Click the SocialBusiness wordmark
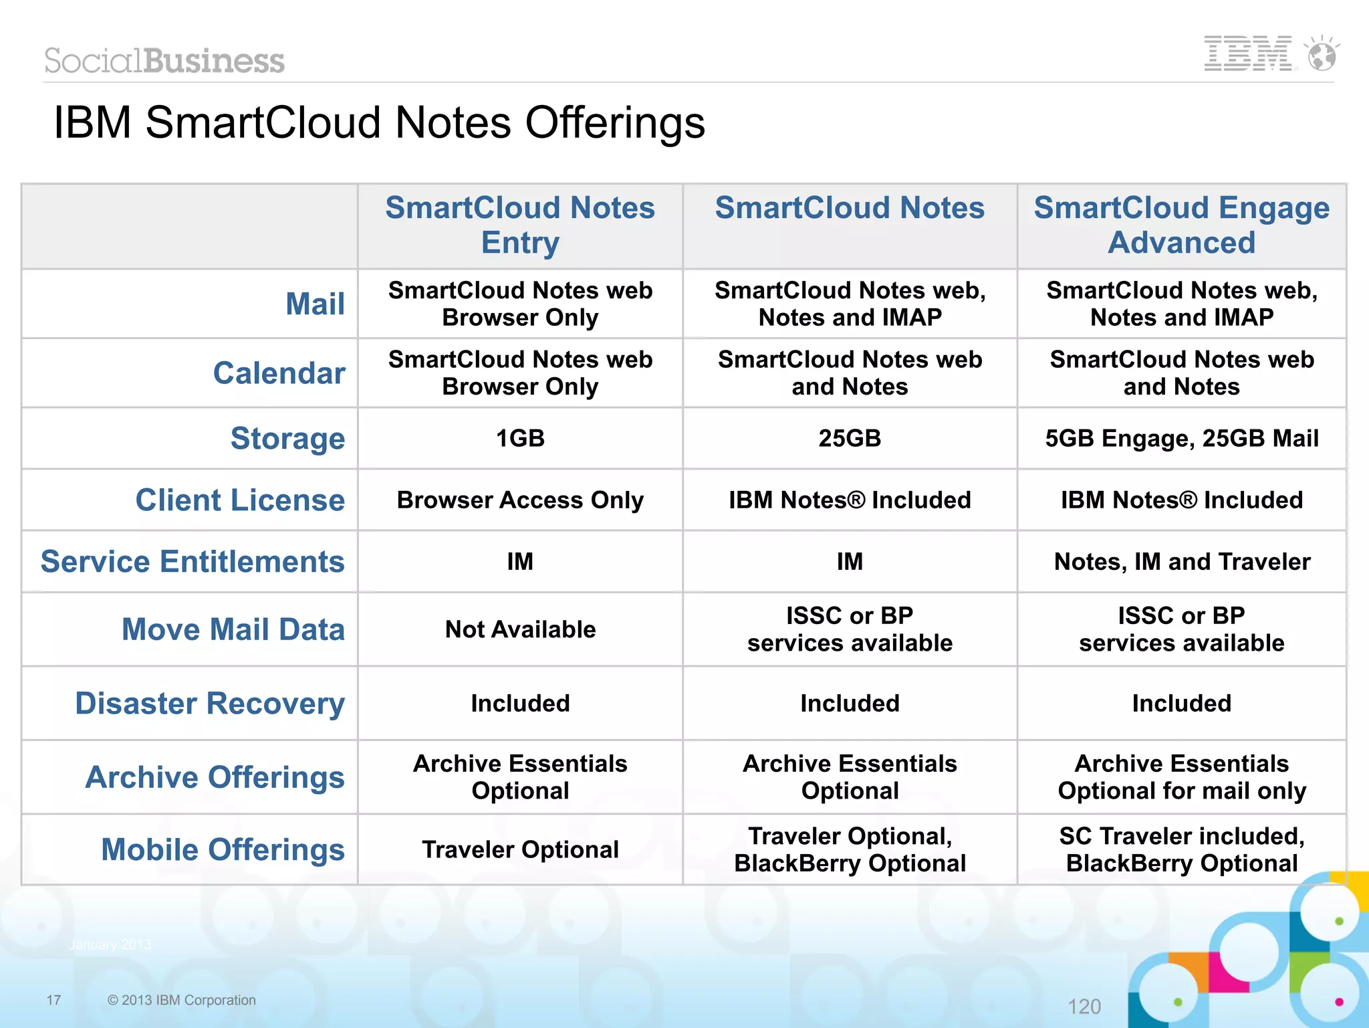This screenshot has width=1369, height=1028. pyautogui.click(x=164, y=61)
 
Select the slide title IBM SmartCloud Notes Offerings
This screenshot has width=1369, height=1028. pyautogui.click(x=379, y=123)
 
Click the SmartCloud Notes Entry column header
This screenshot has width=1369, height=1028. pyautogui.click(x=520, y=225)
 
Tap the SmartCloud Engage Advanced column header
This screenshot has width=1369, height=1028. pyautogui.click(x=1181, y=225)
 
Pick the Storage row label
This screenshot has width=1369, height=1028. pyautogui.click(x=287, y=439)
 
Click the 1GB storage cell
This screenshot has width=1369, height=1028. pyautogui.click(x=520, y=439)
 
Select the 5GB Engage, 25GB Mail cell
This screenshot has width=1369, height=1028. pyautogui.click(x=1181, y=439)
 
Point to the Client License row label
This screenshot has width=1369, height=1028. pyautogui.click(x=240, y=500)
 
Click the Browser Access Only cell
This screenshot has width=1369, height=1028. pyautogui.click(x=520, y=500)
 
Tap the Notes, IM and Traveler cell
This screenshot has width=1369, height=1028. pyautogui.click(x=1181, y=562)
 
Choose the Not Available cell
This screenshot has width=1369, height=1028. pyautogui.click(x=520, y=629)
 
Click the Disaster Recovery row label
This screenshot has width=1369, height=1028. pyautogui.click(x=210, y=704)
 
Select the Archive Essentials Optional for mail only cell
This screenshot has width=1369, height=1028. pyautogui.click(x=1181, y=777)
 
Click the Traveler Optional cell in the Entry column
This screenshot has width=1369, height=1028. pyautogui.click(x=520, y=850)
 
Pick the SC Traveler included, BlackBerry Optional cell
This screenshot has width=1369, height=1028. pyautogui.click(x=1181, y=850)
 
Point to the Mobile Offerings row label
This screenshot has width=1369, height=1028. pyautogui.click(x=223, y=850)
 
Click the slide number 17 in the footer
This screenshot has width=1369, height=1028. pyautogui.click(x=53, y=1000)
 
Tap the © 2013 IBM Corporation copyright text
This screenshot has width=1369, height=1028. pyautogui.click(x=182, y=1000)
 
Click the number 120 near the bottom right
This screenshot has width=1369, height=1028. pyautogui.click(x=1084, y=1007)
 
